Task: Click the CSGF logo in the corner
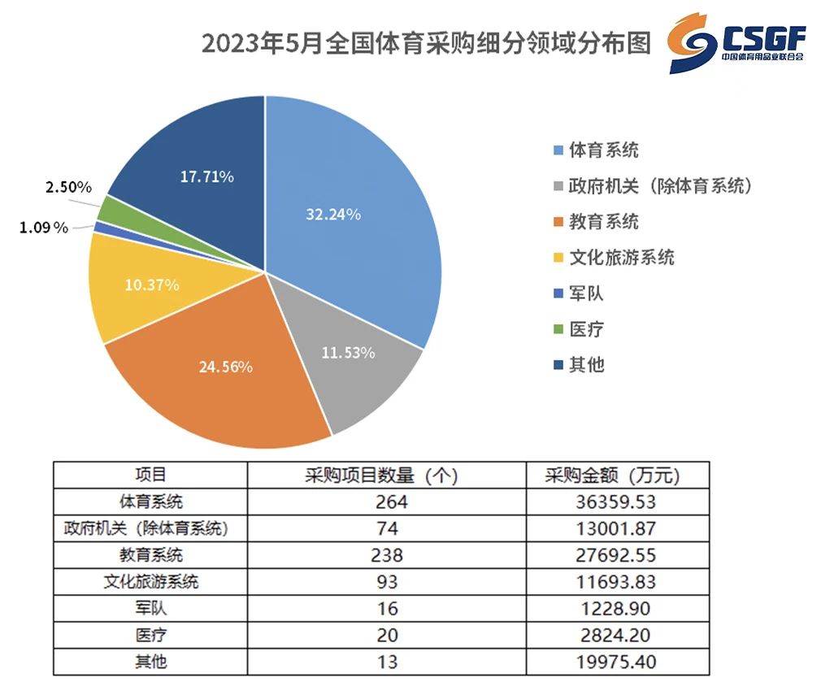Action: [x=736, y=43]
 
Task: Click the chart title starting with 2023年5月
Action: [x=426, y=43]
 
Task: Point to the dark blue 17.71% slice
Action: [x=204, y=172]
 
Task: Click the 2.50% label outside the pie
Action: [x=68, y=187]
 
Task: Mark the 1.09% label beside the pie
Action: [x=44, y=227]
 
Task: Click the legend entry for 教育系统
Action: [x=597, y=221]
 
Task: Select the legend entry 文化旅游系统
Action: [x=615, y=258]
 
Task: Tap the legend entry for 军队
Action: [x=579, y=293]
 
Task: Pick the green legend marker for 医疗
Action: [x=558, y=328]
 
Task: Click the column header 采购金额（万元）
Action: [x=612, y=476]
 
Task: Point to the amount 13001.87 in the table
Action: [x=616, y=528]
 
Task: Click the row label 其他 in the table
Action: [x=151, y=662]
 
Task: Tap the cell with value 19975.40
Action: [x=616, y=662]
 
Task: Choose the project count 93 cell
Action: [x=387, y=582]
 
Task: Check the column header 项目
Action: [x=151, y=475]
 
